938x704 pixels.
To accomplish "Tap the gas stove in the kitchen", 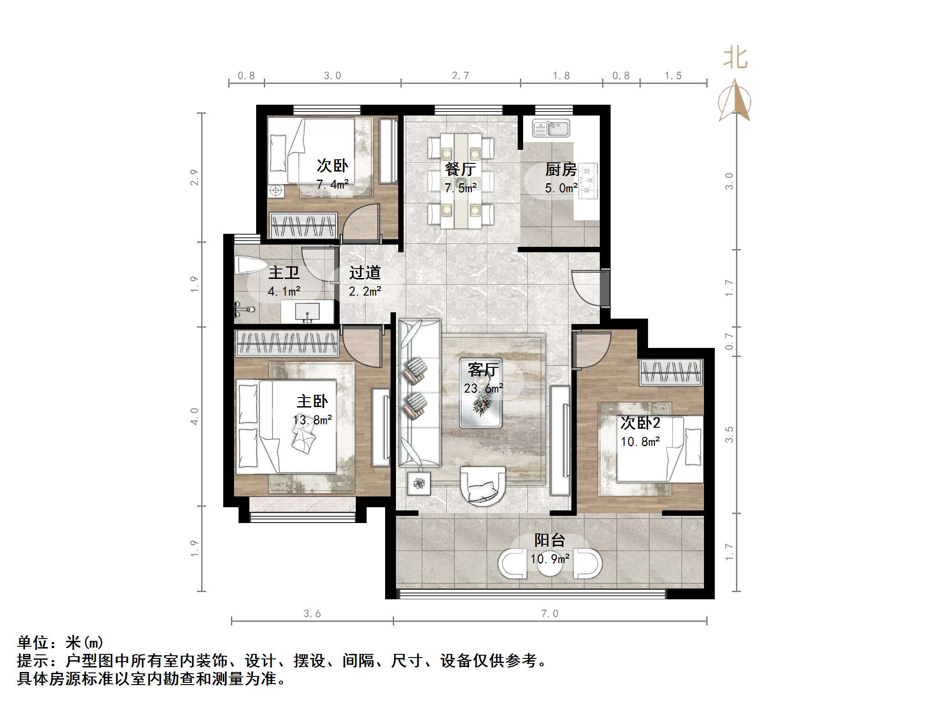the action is (588, 181).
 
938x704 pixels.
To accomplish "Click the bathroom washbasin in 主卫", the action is (307, 312).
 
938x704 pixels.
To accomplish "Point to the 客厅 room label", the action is (483, 370).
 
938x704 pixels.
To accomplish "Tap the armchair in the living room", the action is (483, 486).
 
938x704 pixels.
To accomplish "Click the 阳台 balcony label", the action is (550, 540).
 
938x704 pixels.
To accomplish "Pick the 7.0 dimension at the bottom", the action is (550, 613).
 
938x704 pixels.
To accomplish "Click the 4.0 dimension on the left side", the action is (194, 416).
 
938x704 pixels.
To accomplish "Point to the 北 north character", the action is (736, 58).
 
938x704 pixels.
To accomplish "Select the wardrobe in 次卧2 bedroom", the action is (671, 373).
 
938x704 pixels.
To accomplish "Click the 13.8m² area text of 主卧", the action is (313, 420).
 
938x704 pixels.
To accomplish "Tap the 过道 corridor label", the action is (365, 273).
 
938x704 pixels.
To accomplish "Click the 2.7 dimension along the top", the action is (460, 76).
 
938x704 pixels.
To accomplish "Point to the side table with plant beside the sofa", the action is (419, 483).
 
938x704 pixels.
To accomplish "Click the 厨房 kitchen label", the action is (561, 170).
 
